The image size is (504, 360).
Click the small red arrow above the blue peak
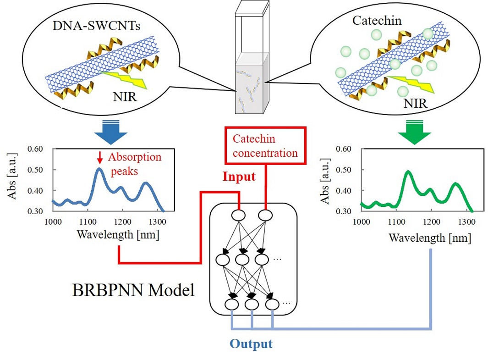(x=99, y=159)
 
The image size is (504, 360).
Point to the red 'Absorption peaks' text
(x=134, y=164)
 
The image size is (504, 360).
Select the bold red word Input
(x=239, y=177)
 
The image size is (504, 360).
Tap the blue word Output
(x=251, y=343)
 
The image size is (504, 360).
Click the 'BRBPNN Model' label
(x=133, y=290)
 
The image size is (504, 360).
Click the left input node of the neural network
(x=239, y=215)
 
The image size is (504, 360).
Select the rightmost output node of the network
(x=272, y=304)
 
